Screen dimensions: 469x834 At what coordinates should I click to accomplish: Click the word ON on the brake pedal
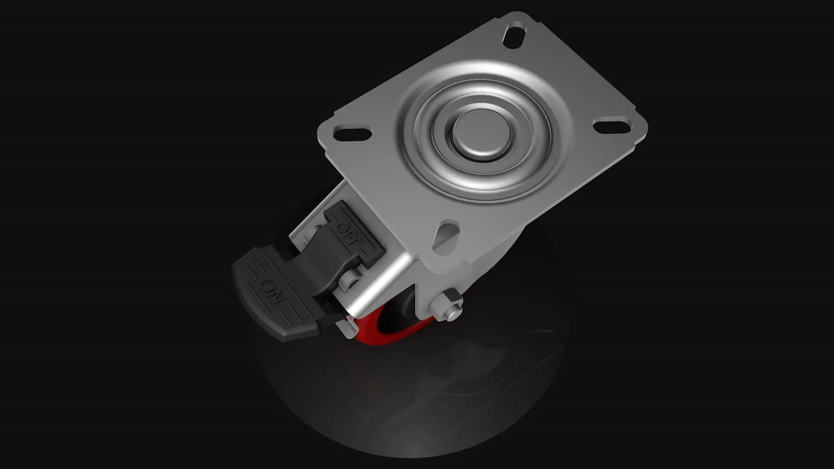point(271,292)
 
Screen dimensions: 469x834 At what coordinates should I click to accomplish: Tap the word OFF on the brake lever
point(349,234)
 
